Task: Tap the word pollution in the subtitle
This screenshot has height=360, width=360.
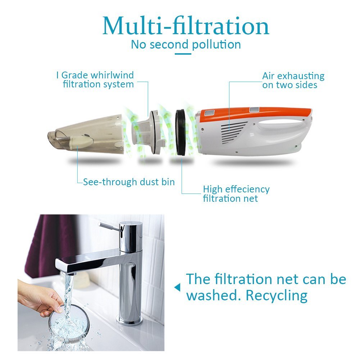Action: pyautogui.click(x=217, y=45)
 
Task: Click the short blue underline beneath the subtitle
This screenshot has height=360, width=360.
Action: pyautogui.click(x=183, y=54)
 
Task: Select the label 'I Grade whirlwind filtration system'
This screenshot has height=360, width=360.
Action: pyautogui.click(x=95, y=80)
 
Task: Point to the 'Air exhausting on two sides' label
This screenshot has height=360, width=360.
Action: pyautogui.click(x=293, y=80)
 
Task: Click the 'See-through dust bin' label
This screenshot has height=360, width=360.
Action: pyautogui.click(x=129, y=182)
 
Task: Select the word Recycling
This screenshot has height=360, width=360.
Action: pyautogui.click(x=277, y=296)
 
